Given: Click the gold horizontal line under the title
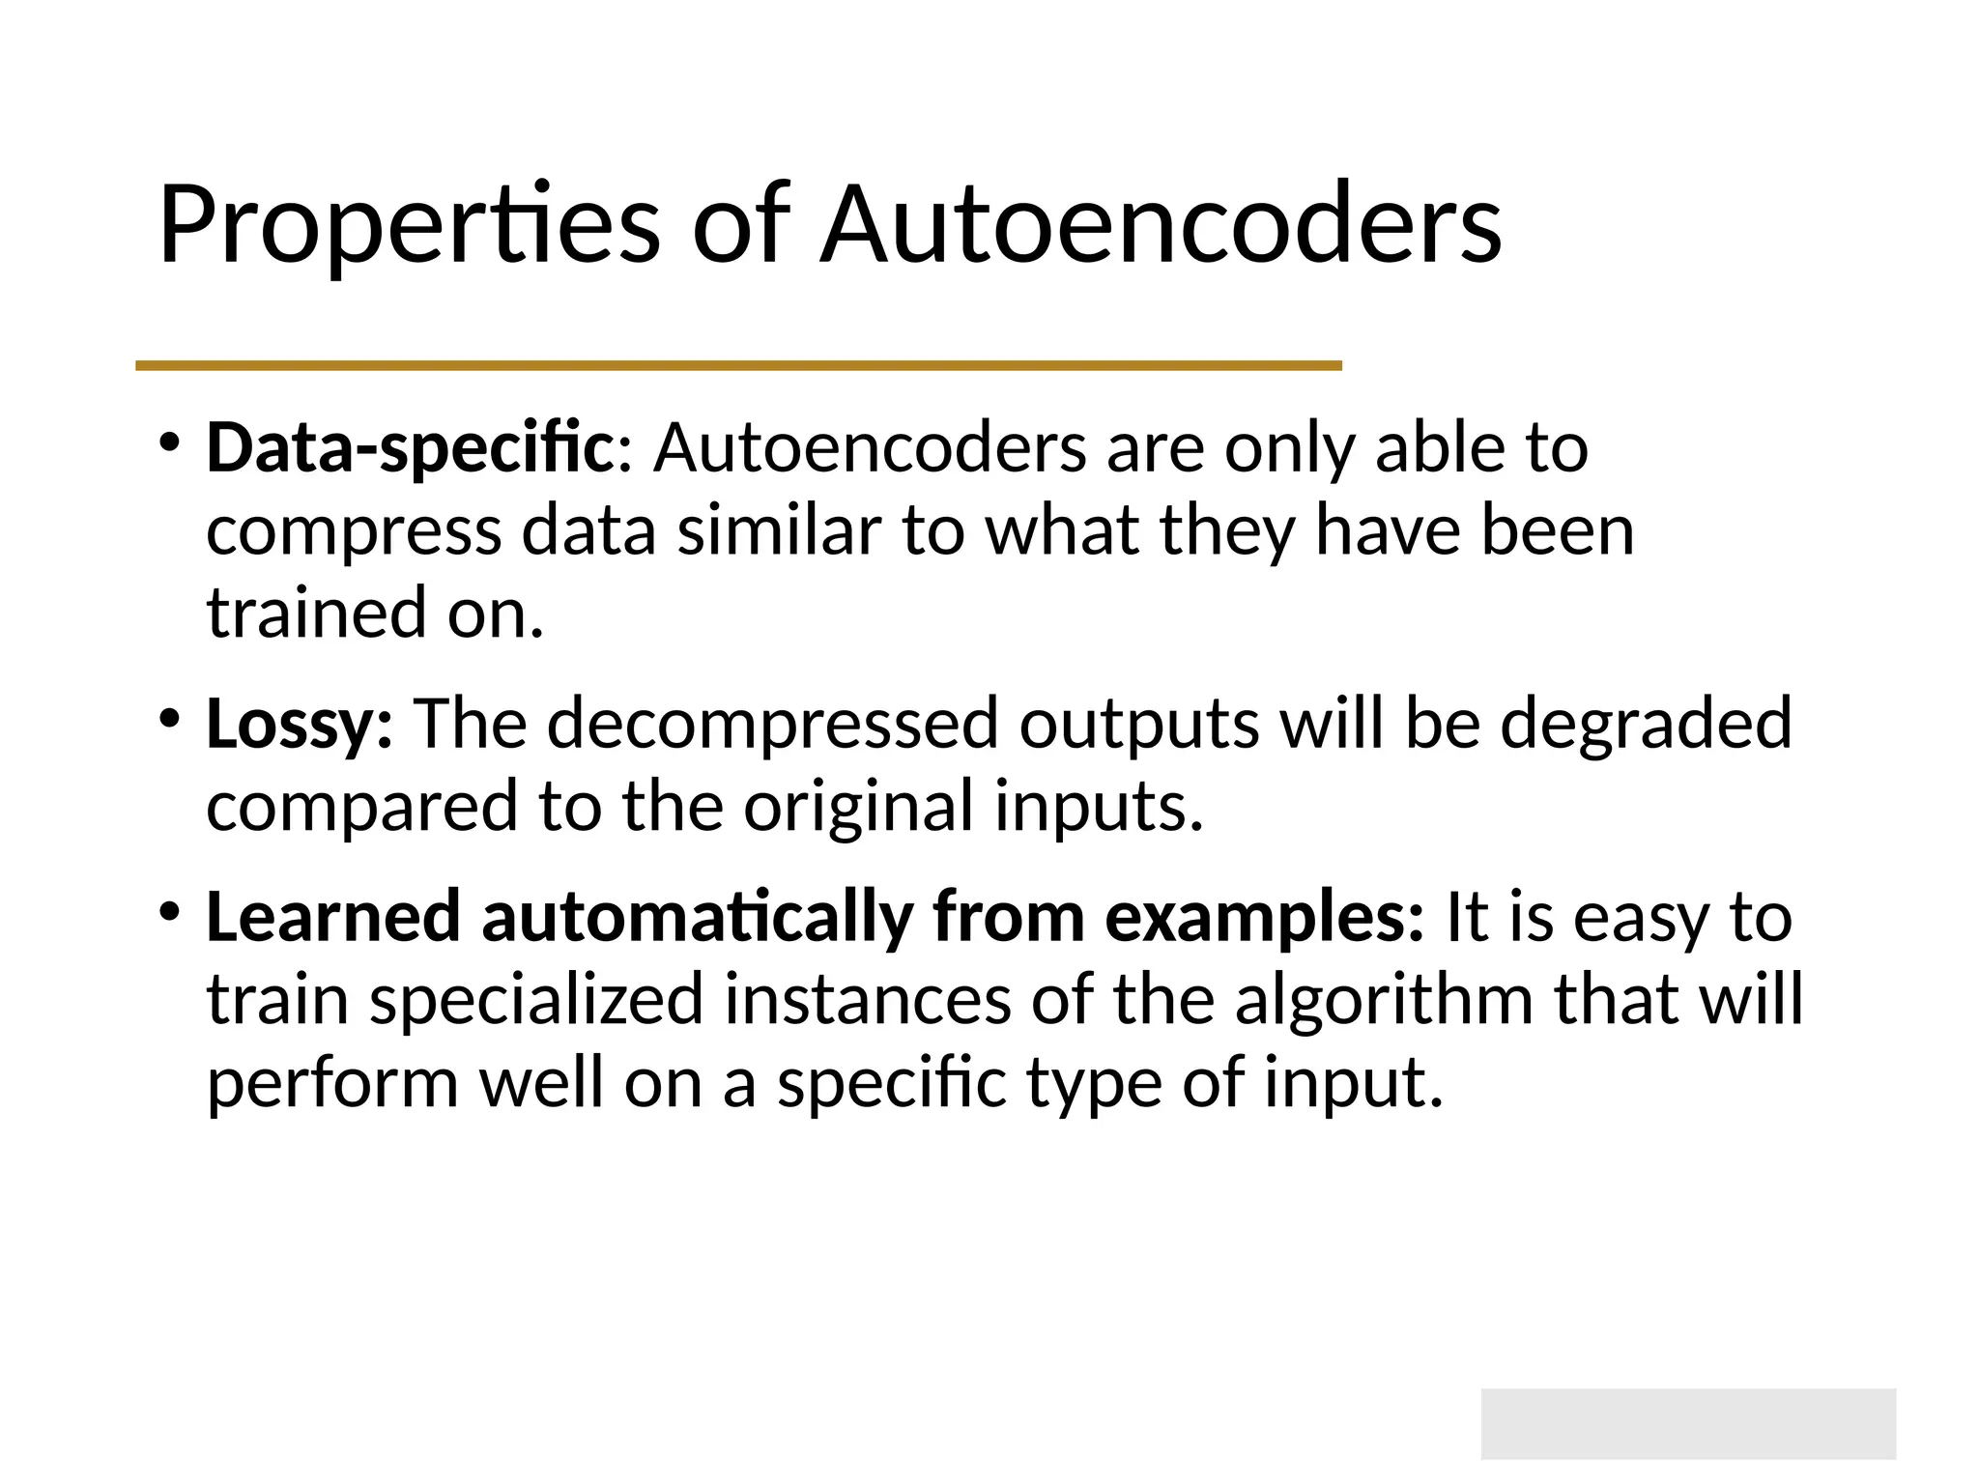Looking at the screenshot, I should tap(738, 365).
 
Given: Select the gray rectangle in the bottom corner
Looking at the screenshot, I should tap(1688, 1423).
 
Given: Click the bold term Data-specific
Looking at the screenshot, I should tap(409, 449).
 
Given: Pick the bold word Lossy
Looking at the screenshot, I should tap(298, 725).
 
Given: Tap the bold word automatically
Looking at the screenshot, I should tap(697, 918).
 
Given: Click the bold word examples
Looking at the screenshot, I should tap(1262, 918).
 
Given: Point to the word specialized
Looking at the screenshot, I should tap(536, 1001).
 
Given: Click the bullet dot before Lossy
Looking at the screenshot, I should tap(170, 719).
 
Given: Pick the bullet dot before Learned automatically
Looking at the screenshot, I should tap(170, 911).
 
